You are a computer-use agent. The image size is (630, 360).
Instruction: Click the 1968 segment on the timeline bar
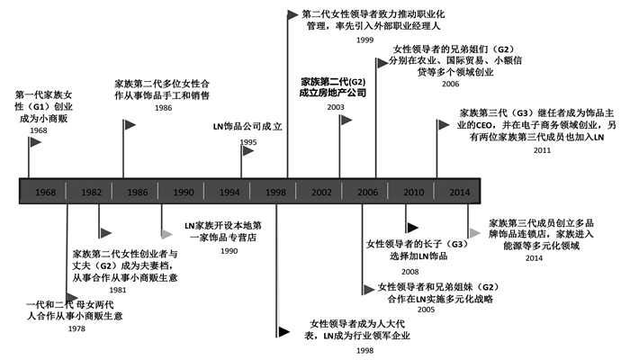click(x=45, y=193)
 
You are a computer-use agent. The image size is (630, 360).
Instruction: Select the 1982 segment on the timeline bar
click(x=91, y=193)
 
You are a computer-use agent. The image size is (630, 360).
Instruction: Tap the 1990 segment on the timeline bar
click(x=184, y=193)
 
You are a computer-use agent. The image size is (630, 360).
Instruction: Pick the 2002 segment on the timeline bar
click(x=321, y=193)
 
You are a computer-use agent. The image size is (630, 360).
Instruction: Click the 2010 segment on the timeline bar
click(x=414, y=193)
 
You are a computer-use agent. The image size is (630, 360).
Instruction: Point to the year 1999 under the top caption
click(x=365, y=40)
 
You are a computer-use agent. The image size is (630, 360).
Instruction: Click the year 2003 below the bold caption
click(x=336, y=107)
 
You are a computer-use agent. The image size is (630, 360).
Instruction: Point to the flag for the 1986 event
click(x=130, y=122)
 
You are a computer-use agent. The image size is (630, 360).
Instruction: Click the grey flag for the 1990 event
click(x=168, y=233)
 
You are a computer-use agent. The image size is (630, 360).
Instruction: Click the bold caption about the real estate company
click(x=336, y=85)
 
